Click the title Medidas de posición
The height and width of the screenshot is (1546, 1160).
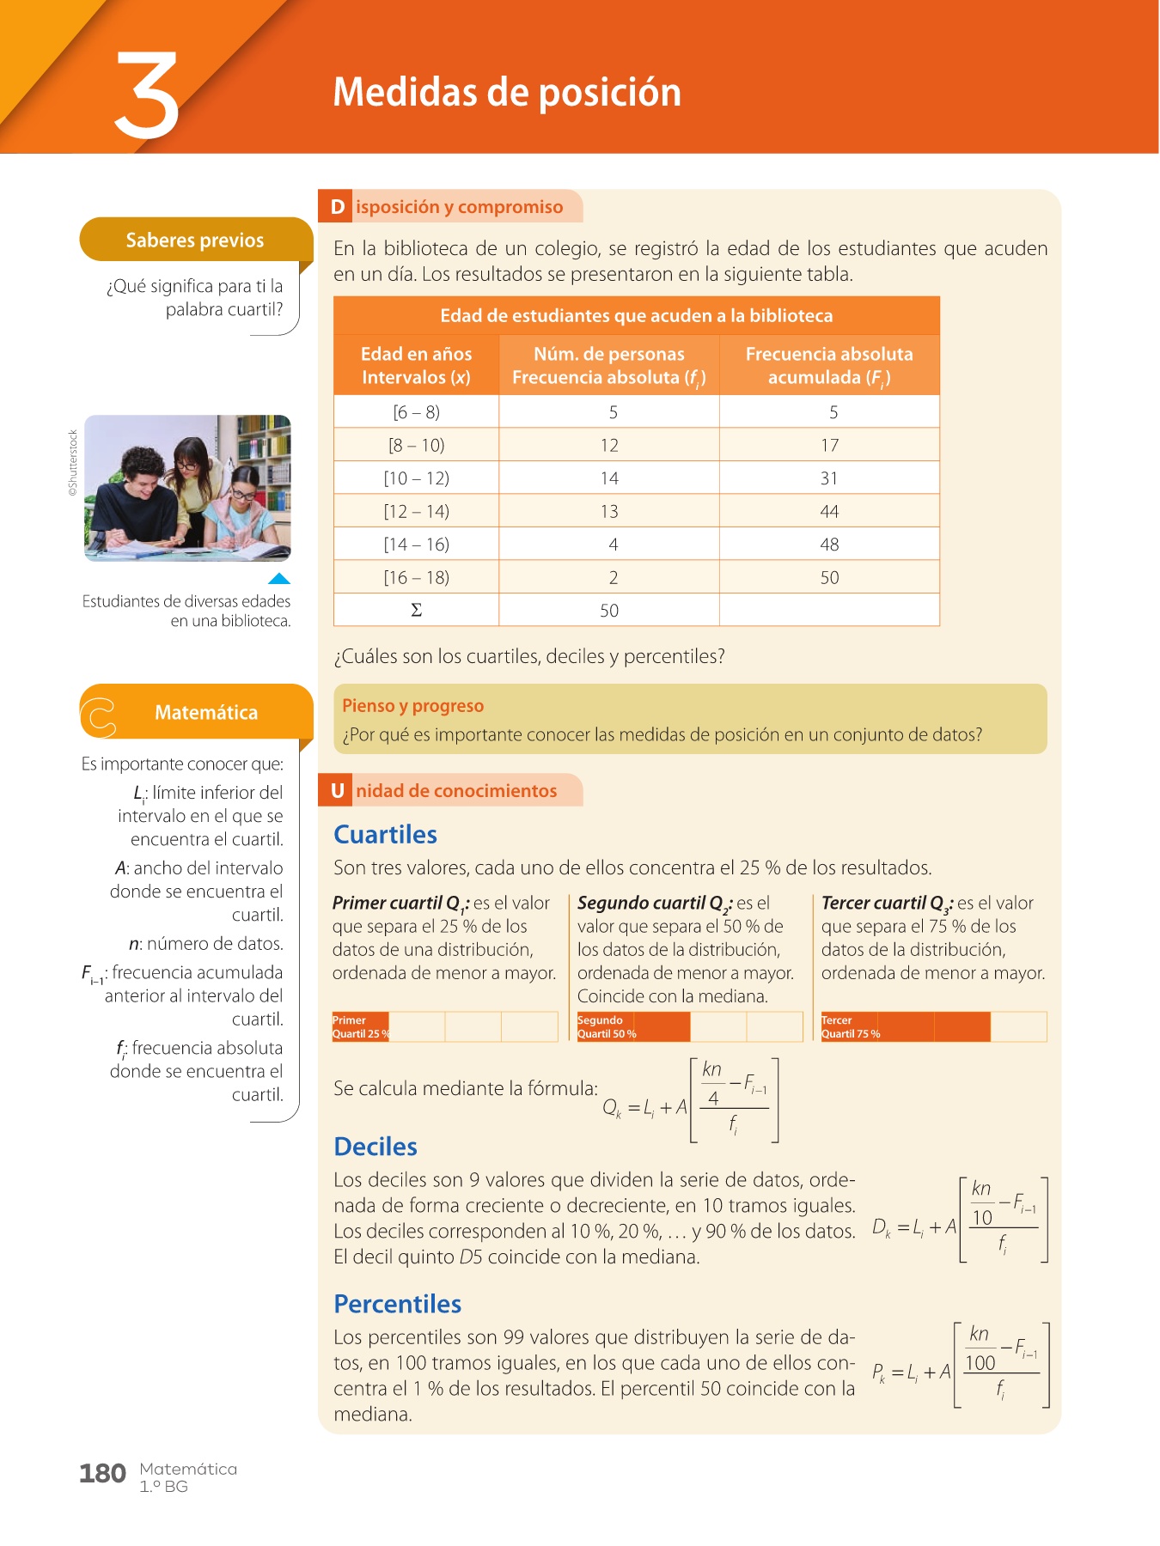507,93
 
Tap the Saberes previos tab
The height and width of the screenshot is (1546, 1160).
195,240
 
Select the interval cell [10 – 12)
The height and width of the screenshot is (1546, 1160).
416,478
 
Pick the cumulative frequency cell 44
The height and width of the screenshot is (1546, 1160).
829,512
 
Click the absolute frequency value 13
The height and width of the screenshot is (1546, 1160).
609,512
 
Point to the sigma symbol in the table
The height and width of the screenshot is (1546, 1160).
416,611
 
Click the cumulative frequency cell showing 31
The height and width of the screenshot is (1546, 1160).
829,478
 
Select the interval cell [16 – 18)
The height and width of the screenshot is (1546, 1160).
416,578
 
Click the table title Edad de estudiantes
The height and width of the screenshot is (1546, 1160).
636,316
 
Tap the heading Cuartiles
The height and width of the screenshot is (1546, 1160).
385,835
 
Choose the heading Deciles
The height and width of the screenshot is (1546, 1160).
375,1147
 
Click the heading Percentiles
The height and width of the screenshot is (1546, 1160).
398,1304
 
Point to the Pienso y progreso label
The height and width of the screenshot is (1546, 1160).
412,706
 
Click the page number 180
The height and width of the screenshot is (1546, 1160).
102,1474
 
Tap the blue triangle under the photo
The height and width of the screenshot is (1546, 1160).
279,579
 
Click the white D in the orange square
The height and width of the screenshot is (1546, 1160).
338,207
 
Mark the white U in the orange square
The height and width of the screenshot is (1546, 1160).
338,791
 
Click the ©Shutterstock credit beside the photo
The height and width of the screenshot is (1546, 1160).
73,463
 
